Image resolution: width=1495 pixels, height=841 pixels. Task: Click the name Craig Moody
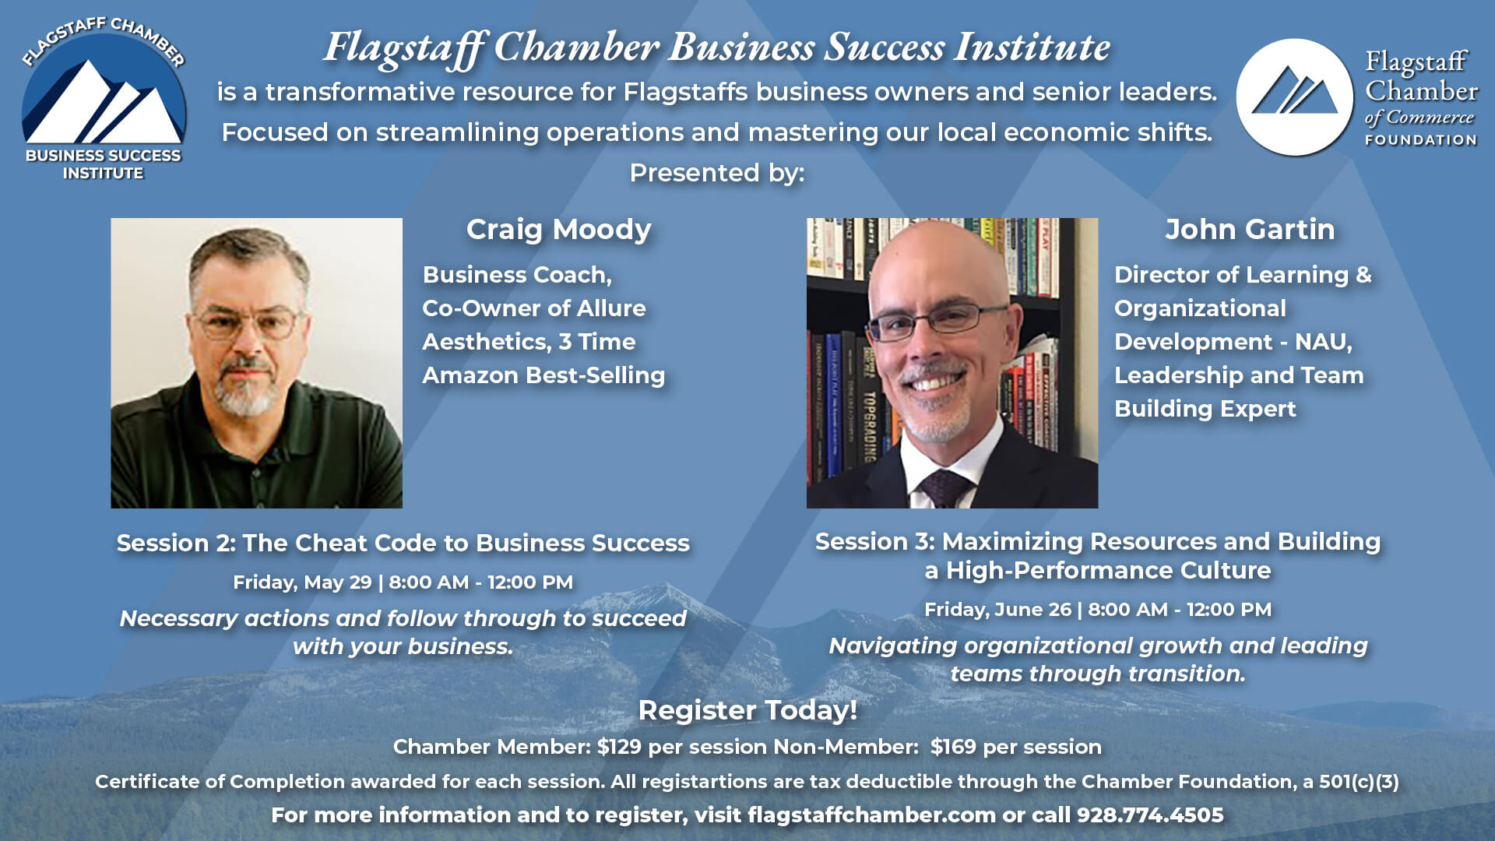(558, 230)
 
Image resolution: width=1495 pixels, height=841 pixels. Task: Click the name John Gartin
(1250, 230)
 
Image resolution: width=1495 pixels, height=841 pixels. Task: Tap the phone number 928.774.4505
(1150, 815)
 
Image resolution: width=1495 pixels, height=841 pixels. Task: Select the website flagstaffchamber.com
(871, 815)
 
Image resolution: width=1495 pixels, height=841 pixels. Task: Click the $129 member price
(619, 747)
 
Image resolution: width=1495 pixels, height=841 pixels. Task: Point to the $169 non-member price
(953, 747)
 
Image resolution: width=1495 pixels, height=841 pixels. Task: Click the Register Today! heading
(747, 710)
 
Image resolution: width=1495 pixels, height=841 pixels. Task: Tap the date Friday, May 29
(302, 582)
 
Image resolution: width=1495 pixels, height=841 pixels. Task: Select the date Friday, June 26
(997, 610)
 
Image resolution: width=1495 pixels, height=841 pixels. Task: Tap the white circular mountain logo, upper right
(1294, 97)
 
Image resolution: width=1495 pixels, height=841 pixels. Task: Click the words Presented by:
(716, 173)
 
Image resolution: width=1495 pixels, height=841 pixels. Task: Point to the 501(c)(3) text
(1359, 782)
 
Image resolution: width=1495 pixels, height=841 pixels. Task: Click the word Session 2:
(176, 543)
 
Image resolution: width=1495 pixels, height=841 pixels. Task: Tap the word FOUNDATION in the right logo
(1420, 140)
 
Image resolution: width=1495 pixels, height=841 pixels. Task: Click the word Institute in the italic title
(1032, 47)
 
